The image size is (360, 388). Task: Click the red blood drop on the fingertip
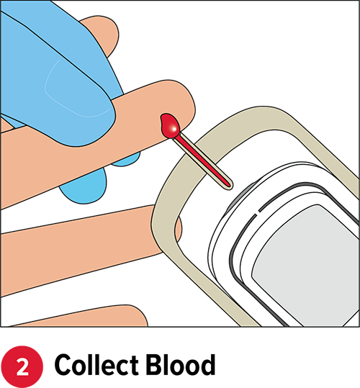[x=170, y=126]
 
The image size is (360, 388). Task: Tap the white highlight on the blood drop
[x=174, y=129]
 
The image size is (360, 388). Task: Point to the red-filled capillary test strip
[x=202, y=161]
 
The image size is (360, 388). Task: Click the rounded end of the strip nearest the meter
[x=230, y=186]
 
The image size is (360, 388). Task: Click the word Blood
[x=181, y=366]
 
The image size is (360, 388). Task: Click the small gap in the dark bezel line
[x=258, y=212]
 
